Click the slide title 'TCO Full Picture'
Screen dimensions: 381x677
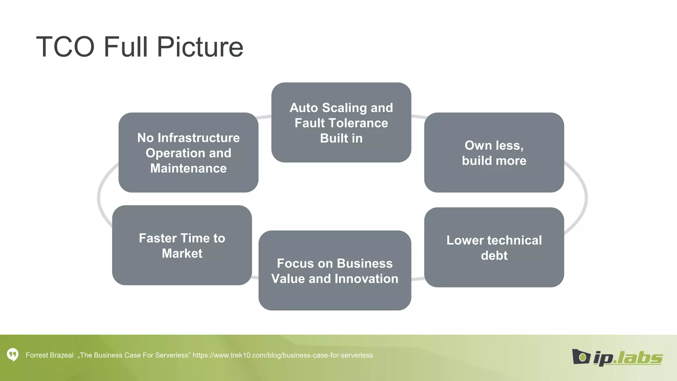139,47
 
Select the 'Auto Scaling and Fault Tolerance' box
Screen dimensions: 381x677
341,122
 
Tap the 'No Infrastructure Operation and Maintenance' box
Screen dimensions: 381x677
188,152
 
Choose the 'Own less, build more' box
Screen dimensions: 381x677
494,152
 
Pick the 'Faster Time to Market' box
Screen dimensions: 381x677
182,245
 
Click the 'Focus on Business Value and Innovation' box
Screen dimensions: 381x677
335,271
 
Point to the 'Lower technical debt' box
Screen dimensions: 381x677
494,247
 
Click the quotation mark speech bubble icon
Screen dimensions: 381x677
13,355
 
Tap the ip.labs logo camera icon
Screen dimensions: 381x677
581,357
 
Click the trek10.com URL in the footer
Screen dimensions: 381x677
283,355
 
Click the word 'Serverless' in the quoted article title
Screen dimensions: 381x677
173,355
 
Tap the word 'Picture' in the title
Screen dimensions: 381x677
200,47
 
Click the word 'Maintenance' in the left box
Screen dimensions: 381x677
188,168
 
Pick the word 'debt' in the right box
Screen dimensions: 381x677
494,255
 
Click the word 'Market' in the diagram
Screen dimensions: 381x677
182,253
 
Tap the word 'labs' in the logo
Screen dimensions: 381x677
640,358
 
